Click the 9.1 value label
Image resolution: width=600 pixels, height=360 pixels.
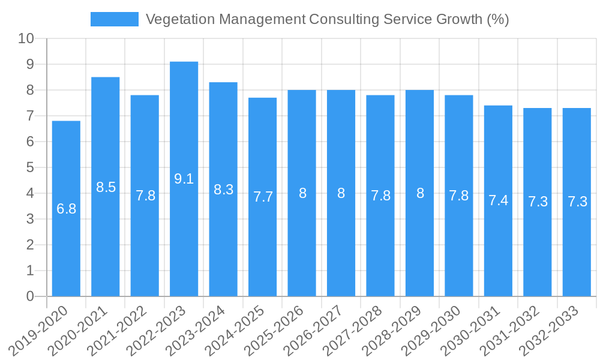point(184,179)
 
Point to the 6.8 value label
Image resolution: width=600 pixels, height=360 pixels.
point(66,209)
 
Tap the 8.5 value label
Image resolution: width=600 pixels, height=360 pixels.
point(106,187)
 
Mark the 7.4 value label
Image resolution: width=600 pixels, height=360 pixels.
point(498,200)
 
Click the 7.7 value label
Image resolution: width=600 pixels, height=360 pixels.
point(262,196)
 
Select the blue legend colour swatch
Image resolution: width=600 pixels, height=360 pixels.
point(114,19)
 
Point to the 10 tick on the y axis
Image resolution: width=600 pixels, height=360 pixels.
point(26,39)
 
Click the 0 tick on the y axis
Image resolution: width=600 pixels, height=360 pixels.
point(30,296)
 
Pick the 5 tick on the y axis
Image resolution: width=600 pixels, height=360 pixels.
point(30,167)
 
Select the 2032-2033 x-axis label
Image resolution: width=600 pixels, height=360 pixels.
point(551,331)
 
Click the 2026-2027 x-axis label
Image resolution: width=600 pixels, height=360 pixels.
point(315,331)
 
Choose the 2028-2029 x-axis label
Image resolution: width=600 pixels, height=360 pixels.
point(394,331)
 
